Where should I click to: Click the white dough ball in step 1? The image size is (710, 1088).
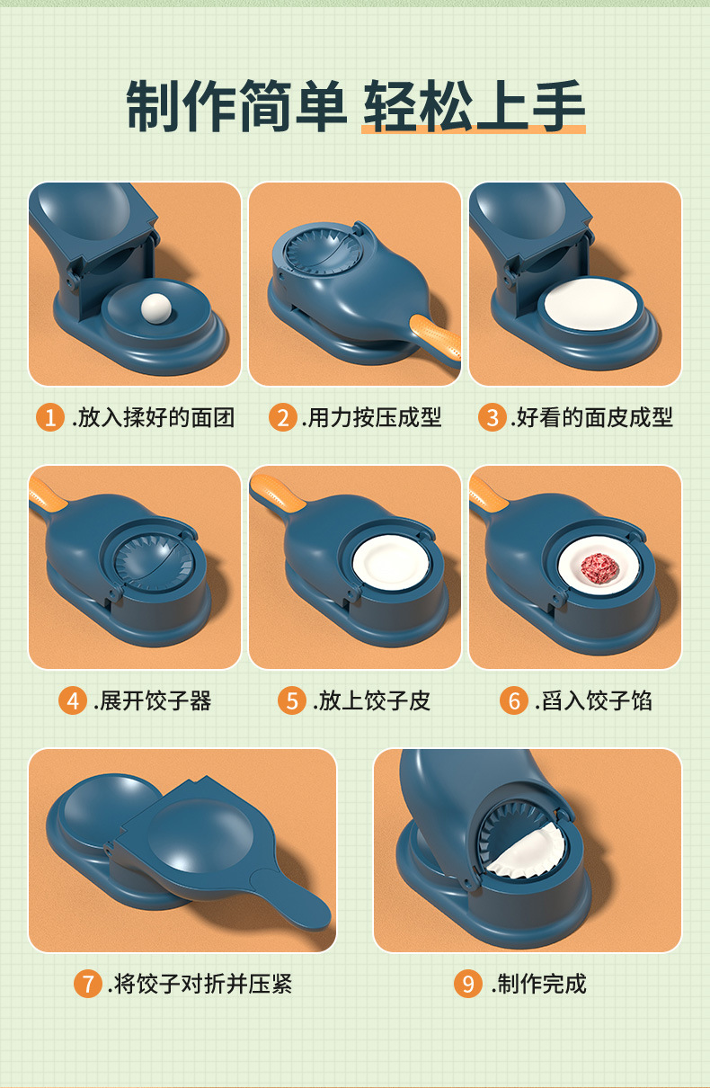coord(157,309)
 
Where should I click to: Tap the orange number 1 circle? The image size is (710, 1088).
coord(50,417)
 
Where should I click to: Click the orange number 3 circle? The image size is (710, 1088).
coord(491,417)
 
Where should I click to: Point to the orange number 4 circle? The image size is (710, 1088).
coord(72,700)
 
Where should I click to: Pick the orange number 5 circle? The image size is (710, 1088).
coord(291,700)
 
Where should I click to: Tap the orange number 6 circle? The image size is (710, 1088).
coord(513,700)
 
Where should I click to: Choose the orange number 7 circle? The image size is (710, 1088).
coord(87,983)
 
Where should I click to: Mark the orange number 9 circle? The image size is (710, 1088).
coord(467,983)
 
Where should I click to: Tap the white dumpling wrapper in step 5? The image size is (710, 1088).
coord(391,563)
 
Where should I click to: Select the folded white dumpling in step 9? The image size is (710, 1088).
coord(530,850)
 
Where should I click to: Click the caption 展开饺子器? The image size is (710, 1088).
coord(154,700)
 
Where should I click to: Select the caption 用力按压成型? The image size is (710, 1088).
coord(374,417)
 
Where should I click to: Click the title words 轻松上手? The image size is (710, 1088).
coord(474,108)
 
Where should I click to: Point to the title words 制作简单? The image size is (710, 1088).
coord(235,108)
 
